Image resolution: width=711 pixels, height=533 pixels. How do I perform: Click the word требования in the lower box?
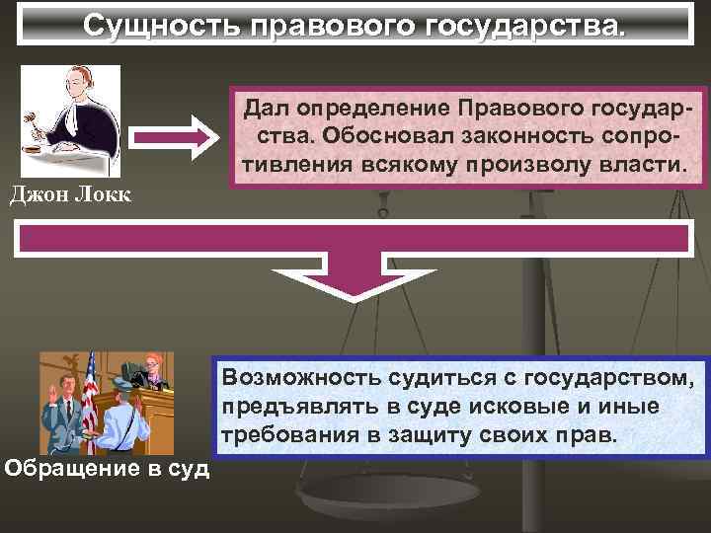tap(297, 434)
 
